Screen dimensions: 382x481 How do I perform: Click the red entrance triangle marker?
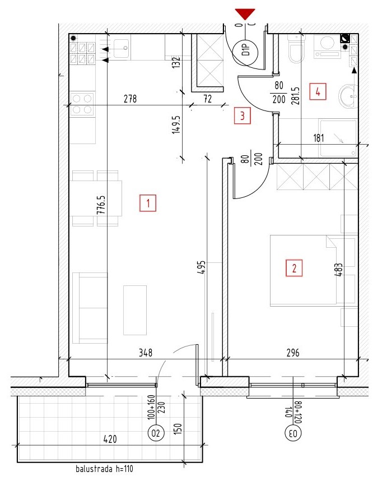coord(245,14)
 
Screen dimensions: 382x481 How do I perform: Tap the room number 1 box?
coord(148,203)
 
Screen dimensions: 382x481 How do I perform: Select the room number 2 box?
coord(294,268)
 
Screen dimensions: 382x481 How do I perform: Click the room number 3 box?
coord(242,115)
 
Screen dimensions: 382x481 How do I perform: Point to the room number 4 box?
coord(318,91)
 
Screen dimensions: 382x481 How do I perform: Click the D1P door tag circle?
coord(245,53)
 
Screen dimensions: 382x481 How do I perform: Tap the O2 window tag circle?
coord(156,433)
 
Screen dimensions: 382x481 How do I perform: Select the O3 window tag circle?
coord(294,433)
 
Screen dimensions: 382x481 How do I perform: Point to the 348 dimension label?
coord(146,353)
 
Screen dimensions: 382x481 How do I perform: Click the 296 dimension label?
coord(293,353)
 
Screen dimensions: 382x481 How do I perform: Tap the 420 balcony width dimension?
coord(110,440)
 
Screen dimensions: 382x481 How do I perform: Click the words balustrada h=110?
coord(105,469)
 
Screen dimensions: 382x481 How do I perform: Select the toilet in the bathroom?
coord(296,48)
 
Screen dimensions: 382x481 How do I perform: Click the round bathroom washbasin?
coord(348,96)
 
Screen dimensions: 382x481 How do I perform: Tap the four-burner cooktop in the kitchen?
coord(82,104)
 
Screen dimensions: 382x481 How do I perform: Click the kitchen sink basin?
coord(122,48)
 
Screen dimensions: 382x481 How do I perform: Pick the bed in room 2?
coord(314,271)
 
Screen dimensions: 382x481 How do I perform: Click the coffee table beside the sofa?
coord(135,310)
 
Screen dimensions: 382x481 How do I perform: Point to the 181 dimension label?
coord(319,138)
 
